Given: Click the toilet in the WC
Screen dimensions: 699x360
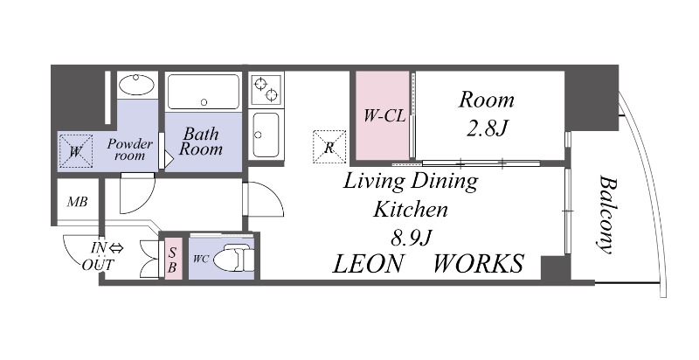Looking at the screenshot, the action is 233,258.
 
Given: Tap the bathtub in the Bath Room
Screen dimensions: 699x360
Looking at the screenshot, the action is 204,92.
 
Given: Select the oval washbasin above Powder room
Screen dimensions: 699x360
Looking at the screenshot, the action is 137,85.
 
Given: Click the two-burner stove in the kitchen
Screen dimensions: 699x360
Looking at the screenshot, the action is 266,89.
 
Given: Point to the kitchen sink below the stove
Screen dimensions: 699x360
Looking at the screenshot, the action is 266,135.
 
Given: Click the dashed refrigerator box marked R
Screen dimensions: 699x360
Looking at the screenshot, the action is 329,146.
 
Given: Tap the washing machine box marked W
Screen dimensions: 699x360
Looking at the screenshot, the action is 76,151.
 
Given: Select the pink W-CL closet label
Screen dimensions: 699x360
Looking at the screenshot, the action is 384,116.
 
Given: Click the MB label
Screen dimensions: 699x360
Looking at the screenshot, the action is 77,202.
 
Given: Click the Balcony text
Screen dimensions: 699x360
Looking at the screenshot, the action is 606,214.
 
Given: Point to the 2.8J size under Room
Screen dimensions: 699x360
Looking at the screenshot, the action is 488,128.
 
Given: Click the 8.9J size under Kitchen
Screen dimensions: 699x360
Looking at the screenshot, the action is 411,239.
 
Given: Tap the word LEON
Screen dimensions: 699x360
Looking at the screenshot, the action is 368,263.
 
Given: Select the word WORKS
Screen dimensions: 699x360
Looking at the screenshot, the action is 478,263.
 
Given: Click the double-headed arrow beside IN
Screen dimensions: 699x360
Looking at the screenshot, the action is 116,248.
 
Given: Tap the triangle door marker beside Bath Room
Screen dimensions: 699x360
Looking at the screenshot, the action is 169,159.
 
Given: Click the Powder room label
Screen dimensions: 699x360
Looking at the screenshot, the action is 129,149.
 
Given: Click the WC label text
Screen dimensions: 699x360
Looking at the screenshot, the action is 201,259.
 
